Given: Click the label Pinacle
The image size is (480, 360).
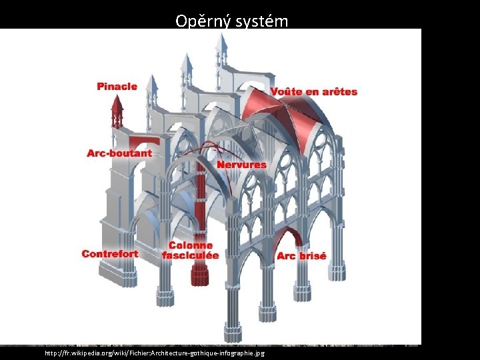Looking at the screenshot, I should (117, 86).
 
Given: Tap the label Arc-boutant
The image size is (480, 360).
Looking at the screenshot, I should (119, 153).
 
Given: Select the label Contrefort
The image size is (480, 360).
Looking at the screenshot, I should (110, 254).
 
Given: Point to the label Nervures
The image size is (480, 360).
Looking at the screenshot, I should (241, 165).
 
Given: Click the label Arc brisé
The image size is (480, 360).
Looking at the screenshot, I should (301, 257).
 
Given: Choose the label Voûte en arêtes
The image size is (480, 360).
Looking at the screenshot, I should (313, 92).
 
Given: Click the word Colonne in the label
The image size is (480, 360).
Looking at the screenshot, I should (191, 246).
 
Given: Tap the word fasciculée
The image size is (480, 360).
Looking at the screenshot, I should (191, 255).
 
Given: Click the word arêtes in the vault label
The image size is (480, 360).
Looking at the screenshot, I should (339, 92).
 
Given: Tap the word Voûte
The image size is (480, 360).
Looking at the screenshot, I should (285, 92).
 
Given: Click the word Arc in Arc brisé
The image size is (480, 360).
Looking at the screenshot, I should (286, 257).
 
